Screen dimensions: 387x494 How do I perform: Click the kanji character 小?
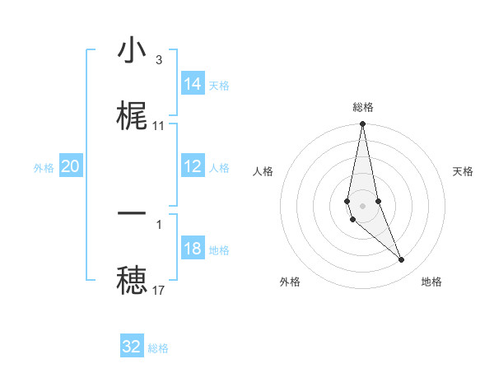pos(132,51)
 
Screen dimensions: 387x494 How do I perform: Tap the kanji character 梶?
pos(132,115)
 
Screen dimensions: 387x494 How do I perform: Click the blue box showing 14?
pos(193,84)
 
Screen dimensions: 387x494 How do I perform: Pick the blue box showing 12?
pos(193,167)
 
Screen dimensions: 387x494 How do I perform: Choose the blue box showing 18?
pos(193,249)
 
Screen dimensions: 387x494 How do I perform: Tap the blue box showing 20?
pos(70,167)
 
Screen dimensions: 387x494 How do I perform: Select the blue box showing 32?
pos(132,347)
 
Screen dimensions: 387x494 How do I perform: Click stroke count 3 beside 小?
pos(158,60)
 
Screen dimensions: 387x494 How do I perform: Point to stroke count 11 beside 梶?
pos(158,126)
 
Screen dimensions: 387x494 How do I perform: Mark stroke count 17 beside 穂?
pos(158,290)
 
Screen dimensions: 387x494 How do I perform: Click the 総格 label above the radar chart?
pos(363,107)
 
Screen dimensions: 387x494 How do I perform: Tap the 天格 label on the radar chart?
pos(464,171)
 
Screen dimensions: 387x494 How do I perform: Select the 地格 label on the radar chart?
pos(431,282)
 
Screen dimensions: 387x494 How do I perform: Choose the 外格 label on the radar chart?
pos(290,282)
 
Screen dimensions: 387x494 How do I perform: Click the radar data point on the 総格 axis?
pos(363,124)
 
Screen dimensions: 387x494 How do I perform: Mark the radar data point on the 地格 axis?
pos(402,259)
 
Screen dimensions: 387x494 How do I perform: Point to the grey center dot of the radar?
pos(363,205)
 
